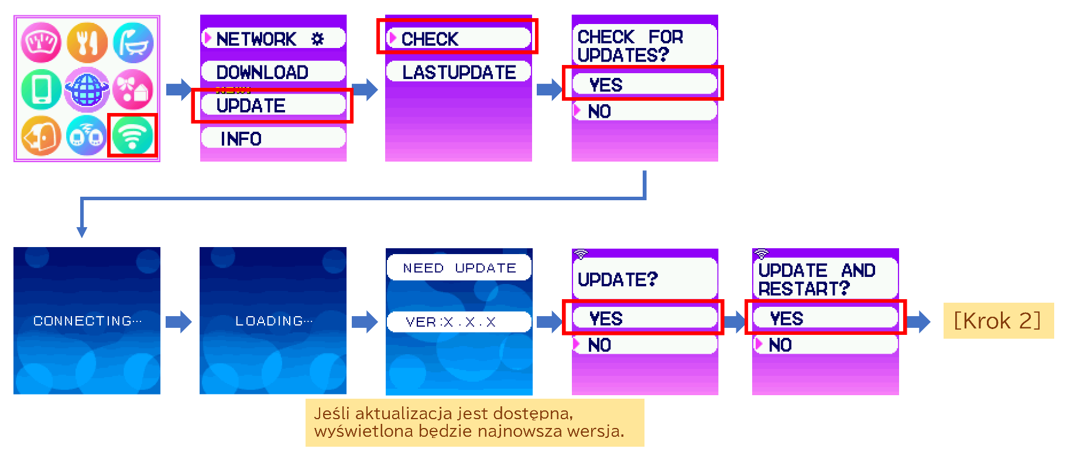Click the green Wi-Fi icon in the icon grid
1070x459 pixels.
tap(132, 135)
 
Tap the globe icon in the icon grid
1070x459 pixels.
tap(87, 90)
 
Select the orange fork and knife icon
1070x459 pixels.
tap(87, 43)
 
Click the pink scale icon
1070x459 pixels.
tap(41, 43)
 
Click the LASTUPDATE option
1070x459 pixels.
tap(458, 72)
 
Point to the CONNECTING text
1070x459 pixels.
tap(87, 321)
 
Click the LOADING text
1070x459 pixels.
tap(273, 321)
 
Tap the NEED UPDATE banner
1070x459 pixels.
tap(459, 268)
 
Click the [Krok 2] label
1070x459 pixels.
tap(997, 321)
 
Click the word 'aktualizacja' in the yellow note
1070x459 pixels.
tap(403, 413)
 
